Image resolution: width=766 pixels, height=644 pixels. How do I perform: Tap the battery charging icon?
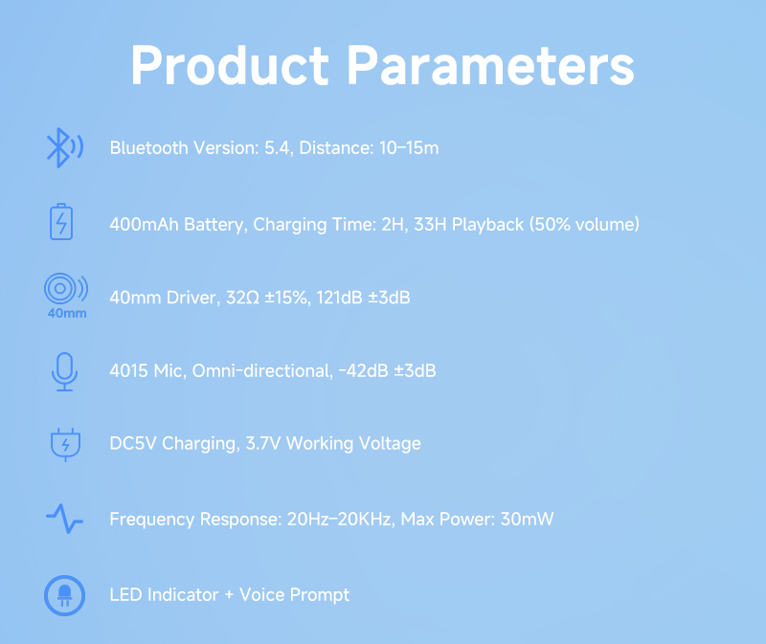pos(61,222)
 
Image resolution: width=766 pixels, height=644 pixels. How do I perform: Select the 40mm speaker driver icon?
pos(66,296)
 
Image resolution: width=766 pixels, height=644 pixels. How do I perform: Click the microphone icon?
pos(64,371)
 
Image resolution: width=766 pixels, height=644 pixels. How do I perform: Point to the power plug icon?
pos(65,444)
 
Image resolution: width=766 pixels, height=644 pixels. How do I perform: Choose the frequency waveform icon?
pos(64,519)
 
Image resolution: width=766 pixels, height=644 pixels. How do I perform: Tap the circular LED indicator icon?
pos(64,595)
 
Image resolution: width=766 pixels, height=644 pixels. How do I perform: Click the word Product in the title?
pos(230,66)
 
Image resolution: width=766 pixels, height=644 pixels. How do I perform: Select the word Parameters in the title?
pos(491,66)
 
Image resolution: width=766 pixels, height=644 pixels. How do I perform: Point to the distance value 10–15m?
pos(409,148)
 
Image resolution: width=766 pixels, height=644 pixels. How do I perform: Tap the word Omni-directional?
pos(262,370)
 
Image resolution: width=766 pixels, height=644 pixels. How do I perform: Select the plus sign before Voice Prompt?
pos(229,595)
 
